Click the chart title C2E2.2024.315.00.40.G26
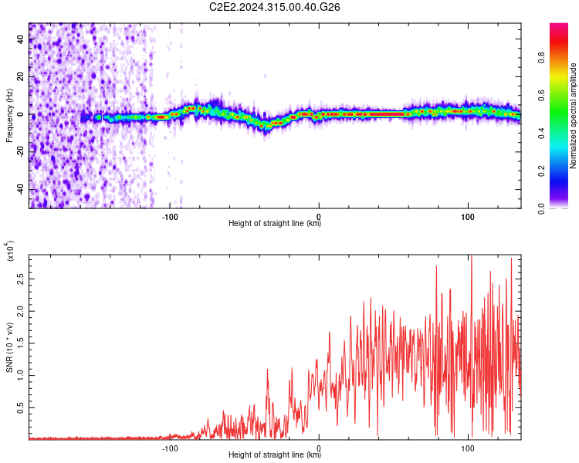tap(274, 7)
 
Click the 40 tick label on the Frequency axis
tap(21, 39)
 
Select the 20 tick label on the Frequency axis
tap(21, 77)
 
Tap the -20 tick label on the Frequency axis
tap(21, 153)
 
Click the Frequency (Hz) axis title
tap(9, 116)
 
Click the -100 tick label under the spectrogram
tap(170, 217)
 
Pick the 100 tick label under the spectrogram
tap(468, 217)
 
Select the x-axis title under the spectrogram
tap(275, 223)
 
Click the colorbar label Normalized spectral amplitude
tap(573, 116)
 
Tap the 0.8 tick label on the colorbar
tap(541, 58)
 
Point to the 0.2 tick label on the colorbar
tap(541, 171)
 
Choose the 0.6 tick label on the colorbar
tap(541, 96)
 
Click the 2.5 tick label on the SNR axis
tap(21, 279)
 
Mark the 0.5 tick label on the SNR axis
tap(21, 408)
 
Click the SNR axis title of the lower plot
tap(10, 347)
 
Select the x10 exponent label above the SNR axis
tap(10, 251)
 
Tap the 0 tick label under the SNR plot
tap(319, 448)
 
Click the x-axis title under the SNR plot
tap(275, 455)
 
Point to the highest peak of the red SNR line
tap(471, 255)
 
